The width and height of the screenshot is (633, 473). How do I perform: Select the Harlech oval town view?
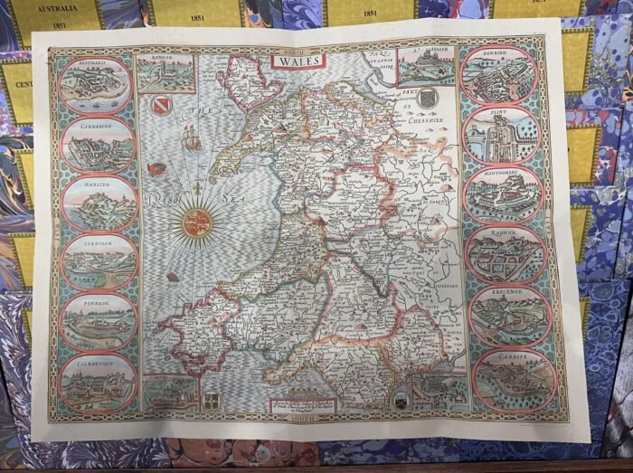99,203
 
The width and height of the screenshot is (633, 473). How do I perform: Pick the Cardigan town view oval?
99,262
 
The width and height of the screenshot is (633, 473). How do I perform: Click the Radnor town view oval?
506,254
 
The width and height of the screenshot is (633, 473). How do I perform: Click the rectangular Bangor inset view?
165,72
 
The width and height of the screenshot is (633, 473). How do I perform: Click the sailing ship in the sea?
192,137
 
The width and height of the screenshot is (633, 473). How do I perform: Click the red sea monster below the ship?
156,168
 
